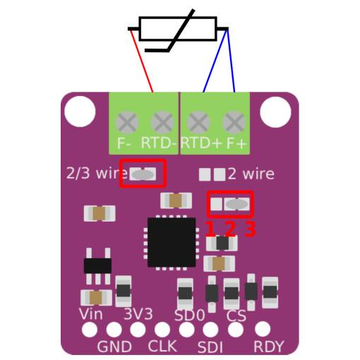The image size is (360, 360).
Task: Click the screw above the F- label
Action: coord(127,122)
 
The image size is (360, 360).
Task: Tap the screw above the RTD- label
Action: coord(162,122)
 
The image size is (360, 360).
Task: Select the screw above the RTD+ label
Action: coord(198,122)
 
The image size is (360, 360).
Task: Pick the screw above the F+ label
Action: coord(234,122)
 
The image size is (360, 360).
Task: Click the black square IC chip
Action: coord(172,242)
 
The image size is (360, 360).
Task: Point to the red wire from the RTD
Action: coord(142,61)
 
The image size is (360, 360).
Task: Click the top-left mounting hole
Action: coord(80,112)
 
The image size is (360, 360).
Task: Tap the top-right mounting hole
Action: coord(275,112)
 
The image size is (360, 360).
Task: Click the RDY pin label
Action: coord(269,347)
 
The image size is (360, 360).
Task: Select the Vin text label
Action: coord(91,314)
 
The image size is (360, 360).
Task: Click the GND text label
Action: coord(114,347)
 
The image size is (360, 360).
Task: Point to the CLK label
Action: coord(162,346)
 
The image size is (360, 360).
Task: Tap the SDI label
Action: coord(210,347)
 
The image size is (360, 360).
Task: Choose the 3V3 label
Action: coord(138,313)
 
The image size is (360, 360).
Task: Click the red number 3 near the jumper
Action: coord(250,229)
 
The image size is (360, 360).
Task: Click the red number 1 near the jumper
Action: coord(210,229)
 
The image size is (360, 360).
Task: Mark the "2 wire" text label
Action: coord(251,174)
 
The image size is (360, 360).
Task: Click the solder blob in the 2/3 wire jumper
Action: coord(143,174)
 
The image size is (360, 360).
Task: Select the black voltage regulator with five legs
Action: coord(97,266)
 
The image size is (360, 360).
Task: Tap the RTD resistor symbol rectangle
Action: coord(178,29)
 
